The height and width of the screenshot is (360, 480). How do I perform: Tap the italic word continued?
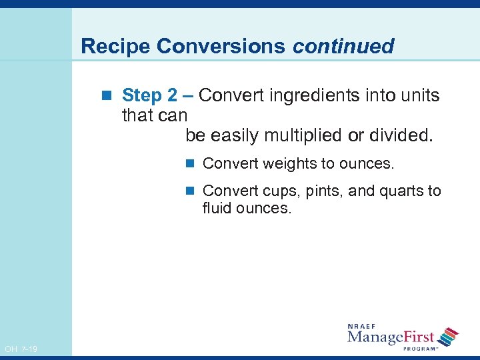(x=343, y=46)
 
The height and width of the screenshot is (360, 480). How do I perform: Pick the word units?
(x=419, y=96)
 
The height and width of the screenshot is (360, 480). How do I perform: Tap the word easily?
(x=235, y=136)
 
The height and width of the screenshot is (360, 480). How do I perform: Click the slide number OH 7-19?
(x=21, y=349)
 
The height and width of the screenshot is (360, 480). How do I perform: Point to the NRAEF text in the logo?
(x=363, y=326)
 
